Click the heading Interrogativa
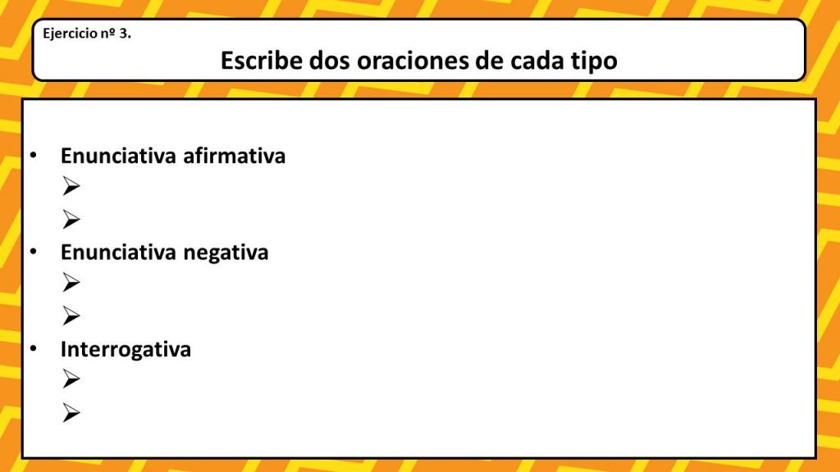point(126,349)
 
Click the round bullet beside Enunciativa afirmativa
point(33,156)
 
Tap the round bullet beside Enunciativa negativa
point(33,252)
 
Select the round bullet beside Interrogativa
point(33,349)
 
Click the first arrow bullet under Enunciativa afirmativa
point(71,187)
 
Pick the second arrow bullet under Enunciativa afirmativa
point(71,219)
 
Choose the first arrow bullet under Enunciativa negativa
point(71,284)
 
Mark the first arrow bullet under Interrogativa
point(71,380)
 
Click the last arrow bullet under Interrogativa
point(71,413)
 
